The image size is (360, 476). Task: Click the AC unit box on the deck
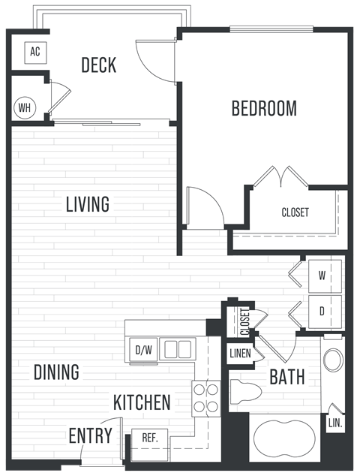coord(34,53)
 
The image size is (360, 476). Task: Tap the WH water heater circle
coord(24,107)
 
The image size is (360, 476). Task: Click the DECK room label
coord(99,65)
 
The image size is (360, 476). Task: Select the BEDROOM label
coord(263,108)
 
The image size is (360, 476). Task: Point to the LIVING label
coord(87,203)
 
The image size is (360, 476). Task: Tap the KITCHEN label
coord(142,402)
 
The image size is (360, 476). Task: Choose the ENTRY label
coord(90,435)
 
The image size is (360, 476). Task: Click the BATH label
coord(286,376)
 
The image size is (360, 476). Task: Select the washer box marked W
coord(322,276)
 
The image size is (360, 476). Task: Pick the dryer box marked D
coord(322,311)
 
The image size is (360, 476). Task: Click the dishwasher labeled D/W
coord(142,350)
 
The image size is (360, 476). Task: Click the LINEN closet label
coord(240,354)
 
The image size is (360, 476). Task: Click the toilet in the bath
coord(245,392)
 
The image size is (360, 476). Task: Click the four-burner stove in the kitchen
coord(205,398)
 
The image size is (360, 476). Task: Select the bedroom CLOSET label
coord(295,212)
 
